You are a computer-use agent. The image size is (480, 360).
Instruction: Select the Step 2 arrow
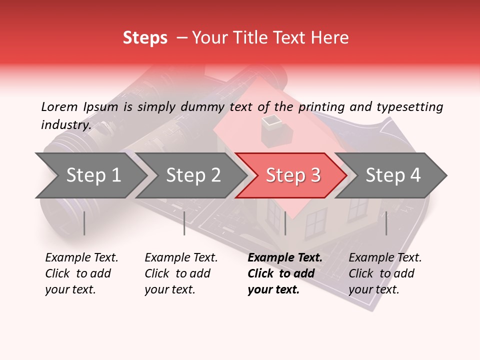(193, 175)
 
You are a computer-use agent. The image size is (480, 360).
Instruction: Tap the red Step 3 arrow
(293, 175)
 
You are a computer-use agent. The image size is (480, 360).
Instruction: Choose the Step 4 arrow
(393, 175)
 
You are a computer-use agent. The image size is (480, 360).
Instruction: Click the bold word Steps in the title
(145, 38)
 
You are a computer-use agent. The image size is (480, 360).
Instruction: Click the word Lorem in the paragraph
(59, 106)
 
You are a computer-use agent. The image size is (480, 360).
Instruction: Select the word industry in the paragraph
(65, 125)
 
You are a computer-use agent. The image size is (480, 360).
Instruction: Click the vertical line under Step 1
(84, 223)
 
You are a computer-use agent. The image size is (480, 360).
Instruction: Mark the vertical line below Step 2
(184, 223)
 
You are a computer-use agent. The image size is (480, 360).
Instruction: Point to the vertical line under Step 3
(285, 223)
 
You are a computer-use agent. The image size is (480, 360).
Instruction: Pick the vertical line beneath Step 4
(386, 223)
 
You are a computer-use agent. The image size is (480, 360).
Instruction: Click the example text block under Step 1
(81, 273)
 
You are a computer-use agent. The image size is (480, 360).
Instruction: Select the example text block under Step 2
(181, 273)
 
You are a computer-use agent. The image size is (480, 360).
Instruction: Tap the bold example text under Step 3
(285, 273)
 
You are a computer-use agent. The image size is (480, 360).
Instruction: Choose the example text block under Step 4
(385, 273)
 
